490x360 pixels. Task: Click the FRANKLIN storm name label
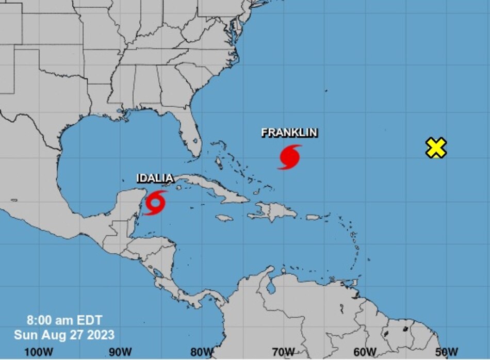tap(289, 133)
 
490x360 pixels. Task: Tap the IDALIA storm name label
tap(154, 178)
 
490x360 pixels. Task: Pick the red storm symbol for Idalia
tap(155, 202)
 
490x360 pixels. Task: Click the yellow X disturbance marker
tap(436, 148)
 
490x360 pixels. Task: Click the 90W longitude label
tap(120, 351)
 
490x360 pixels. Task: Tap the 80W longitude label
tap(202, 351)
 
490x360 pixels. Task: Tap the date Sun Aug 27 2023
tap(64, 335)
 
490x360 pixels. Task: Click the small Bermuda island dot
tap(326, 91)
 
